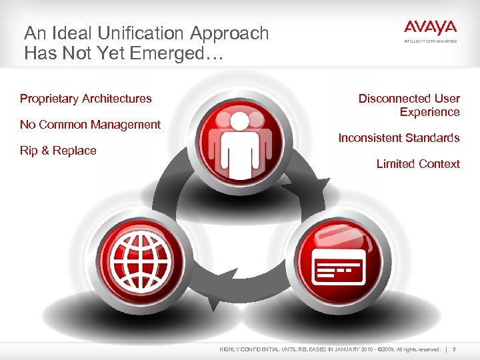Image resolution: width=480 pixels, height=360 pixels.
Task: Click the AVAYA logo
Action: pos(430,29)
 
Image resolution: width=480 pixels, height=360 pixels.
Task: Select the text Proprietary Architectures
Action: pos(86,99)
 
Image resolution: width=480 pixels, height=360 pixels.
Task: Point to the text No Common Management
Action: pos(90,125)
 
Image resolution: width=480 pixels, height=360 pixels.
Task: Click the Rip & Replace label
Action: pos(58,151)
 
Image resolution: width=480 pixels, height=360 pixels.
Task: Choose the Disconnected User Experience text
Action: pos(409,105)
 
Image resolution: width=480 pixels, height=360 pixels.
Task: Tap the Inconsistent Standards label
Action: pos(399,138)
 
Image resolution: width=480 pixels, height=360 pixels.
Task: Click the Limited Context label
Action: pos(418,164)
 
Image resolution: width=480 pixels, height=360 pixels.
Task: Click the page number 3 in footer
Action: pos(454,349)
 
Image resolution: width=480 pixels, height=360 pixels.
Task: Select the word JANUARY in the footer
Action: pos(345,349)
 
